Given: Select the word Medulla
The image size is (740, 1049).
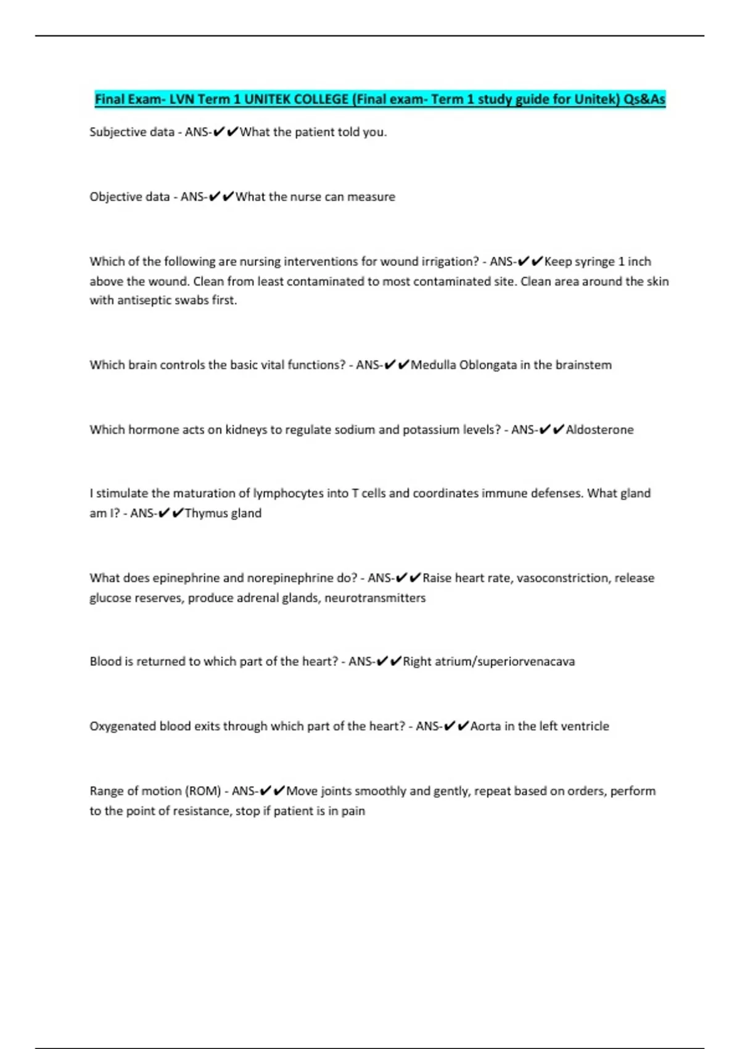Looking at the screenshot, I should (x=434, y=365).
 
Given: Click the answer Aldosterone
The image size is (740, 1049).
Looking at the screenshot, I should (x=599, y=430).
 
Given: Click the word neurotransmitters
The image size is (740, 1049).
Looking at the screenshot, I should (x=375, y=598).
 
